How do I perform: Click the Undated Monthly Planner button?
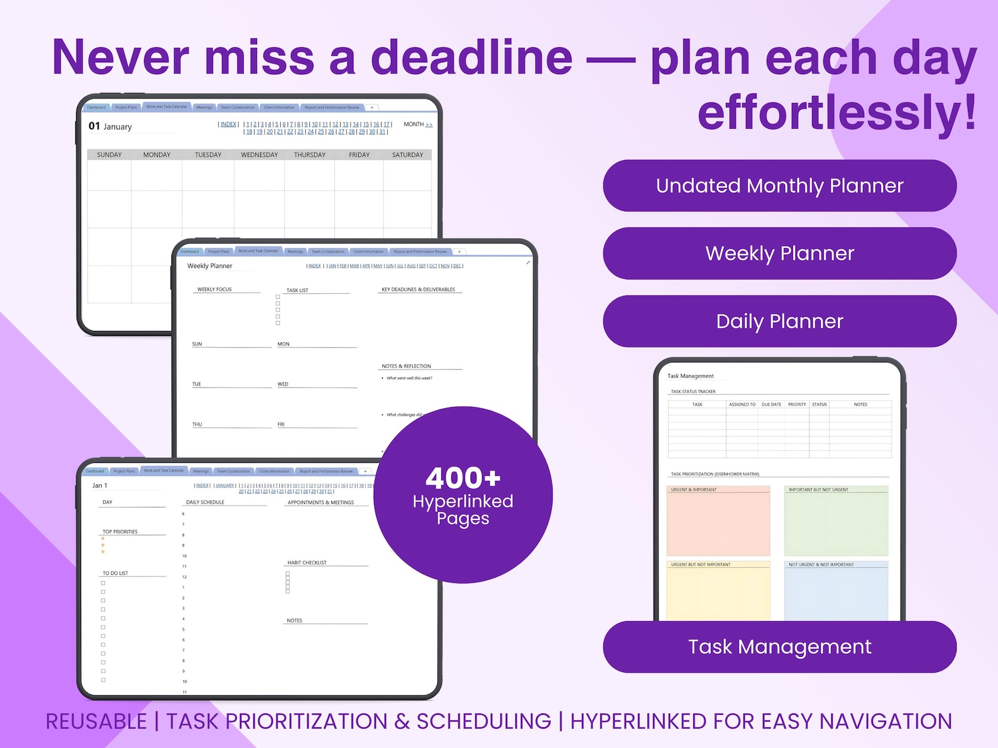(779, 186)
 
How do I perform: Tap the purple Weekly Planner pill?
(779, 253)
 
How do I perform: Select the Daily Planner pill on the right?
(779, 321)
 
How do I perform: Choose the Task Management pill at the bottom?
(779, 647)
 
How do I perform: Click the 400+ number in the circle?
(463, 479)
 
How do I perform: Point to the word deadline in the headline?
(471, 58)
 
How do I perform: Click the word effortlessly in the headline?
(836, 113)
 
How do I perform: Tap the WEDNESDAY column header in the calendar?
(259, 154)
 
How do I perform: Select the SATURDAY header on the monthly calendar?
(407, 154)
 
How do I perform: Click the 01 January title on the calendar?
(110, 126)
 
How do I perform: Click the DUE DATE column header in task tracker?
(771, 404)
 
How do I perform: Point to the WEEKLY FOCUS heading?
(214, 290)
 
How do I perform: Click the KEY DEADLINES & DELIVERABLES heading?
(418, 290)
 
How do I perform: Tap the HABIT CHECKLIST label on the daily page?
(307, 563)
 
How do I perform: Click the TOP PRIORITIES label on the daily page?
(120, 532)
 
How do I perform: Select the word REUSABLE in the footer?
(96, 722)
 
